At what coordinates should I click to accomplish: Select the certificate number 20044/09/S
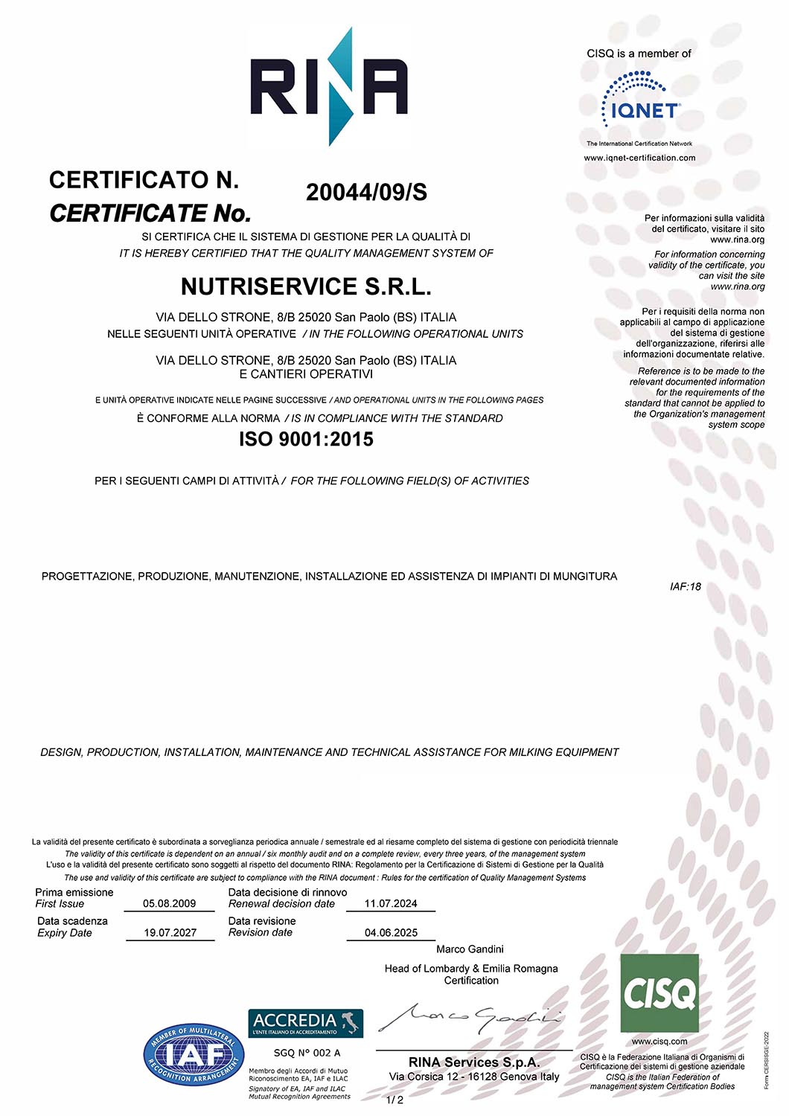point(366,193)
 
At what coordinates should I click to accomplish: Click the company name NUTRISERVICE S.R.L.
point(306,286)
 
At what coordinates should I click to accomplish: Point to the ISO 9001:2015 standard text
point(306,439)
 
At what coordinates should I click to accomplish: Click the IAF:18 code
point(685,586)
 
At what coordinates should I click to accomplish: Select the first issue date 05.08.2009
point(170,903)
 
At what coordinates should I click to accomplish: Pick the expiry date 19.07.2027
point(170,932)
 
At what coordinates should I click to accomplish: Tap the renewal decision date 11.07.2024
point(391,903)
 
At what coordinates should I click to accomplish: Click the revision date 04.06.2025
point(391,932)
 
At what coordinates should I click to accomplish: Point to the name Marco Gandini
point(470,949)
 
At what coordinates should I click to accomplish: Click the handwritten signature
point(470,1017)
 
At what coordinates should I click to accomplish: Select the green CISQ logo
point(659,993)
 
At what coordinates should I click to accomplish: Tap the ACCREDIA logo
point(305,1023)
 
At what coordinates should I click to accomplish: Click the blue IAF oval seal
point(194,1054)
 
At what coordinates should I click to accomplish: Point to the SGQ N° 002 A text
point(307,1052)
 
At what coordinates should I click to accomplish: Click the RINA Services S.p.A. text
point(474,1062)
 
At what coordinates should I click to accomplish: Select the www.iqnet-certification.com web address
point(639,158)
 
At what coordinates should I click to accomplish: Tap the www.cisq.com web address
point(659,1041)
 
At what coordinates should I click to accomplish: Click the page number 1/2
point(394,1100)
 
